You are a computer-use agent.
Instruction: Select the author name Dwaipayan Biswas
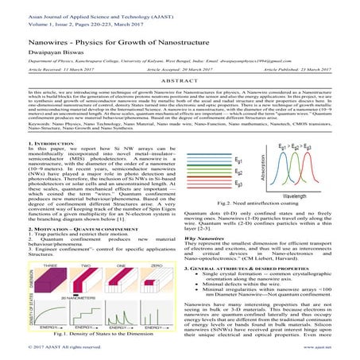(x=42, y=59)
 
